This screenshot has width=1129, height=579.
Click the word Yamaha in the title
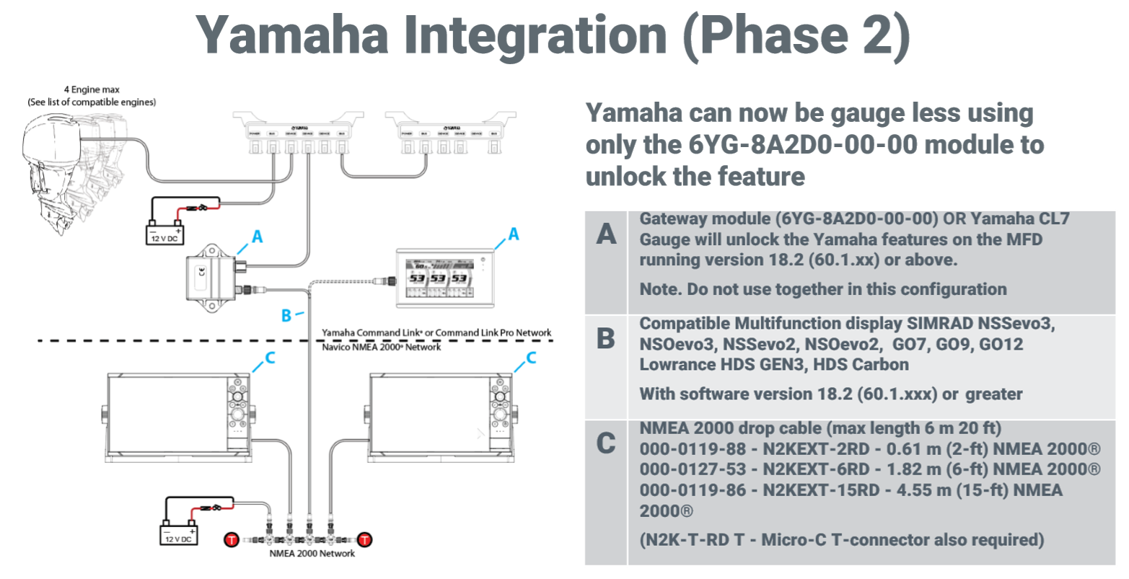(x=293, y=35)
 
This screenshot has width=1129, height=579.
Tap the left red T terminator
(x=231, y=539)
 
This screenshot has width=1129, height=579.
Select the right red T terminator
(x=365, y=539)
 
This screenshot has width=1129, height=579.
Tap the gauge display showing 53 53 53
(x=439, y=274)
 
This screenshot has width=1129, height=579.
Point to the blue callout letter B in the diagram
(x=286, y=315)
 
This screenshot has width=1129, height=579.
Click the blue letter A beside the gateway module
(x=257, y=237)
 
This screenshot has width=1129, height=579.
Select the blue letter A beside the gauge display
(x=513, y=234)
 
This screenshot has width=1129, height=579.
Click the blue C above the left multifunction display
(x=270, y=358)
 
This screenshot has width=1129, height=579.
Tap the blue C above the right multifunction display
(x=531, y=358)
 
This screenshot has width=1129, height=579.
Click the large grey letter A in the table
(x=607, y=234)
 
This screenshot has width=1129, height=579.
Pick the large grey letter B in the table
(x=606, y=338)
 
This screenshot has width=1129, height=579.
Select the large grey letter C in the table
(x=606, y=443)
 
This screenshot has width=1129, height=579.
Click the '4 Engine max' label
(x=92, y=89)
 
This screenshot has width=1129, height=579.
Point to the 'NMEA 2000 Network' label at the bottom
(x=312, y=554)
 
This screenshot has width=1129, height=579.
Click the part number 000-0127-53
(x=692, y=469)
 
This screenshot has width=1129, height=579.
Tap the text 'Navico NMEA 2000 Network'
(x=381, y=347)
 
